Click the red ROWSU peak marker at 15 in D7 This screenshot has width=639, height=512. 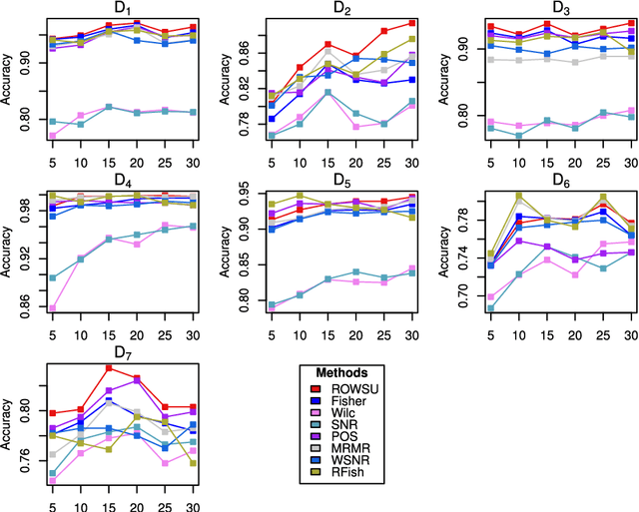click(x=108, y=368)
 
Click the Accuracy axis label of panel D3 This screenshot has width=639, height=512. click(x=444, y=85)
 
